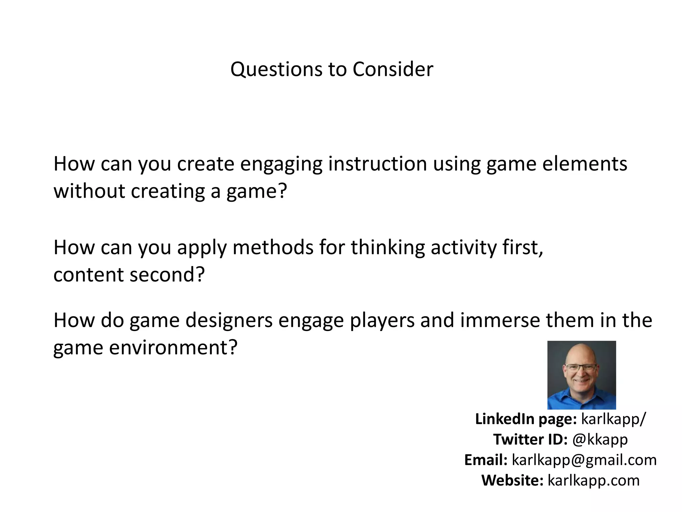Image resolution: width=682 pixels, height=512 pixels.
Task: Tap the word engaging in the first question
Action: point(281,164)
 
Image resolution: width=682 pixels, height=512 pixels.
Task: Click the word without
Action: point(89,191)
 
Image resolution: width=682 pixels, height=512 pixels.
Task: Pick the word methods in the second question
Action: point(273,247)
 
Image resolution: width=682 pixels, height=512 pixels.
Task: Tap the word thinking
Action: point(388,247)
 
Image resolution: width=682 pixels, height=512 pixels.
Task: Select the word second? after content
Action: point(167,275)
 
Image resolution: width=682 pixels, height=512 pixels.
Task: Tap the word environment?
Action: point(173,348)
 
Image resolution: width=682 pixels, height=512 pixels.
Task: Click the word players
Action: point(382,321)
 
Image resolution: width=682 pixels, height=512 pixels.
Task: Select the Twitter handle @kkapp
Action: point(600,439)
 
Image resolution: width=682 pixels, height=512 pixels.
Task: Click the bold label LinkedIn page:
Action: point(525,419)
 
